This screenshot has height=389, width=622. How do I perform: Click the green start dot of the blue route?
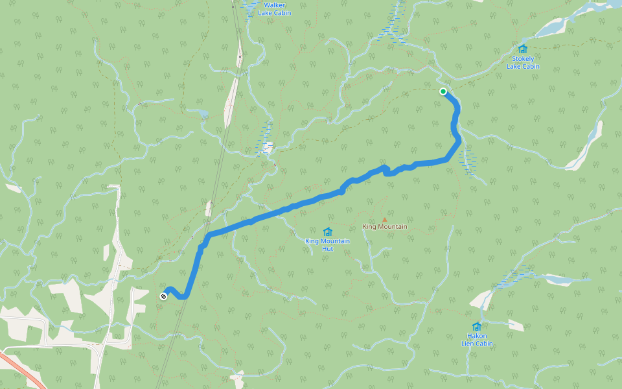(443, 91)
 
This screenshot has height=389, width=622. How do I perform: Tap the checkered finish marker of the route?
(163, 296)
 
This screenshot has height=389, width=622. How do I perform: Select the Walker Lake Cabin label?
(273, 9)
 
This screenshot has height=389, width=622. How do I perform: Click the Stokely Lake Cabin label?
(522, 62)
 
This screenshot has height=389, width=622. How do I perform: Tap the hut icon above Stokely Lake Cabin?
(523, 49)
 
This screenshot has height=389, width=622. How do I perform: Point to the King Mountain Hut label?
(327, 244)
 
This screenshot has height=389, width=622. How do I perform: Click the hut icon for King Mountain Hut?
(327, 231)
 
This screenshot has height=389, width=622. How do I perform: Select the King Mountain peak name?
(385, 227)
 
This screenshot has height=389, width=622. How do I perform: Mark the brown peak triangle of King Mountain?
(384, 220)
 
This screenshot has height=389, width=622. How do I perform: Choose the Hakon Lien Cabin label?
(477, 340)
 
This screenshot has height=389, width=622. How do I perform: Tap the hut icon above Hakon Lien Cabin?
(477, 326)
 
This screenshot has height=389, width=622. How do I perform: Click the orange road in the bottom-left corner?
(23, 370)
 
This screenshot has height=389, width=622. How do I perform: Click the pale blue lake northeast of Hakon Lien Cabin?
(557, 279)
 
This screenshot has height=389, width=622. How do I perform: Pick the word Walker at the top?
(273, 5)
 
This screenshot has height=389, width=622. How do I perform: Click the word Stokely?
(523, 59)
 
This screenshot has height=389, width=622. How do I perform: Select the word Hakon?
(477, 336)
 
